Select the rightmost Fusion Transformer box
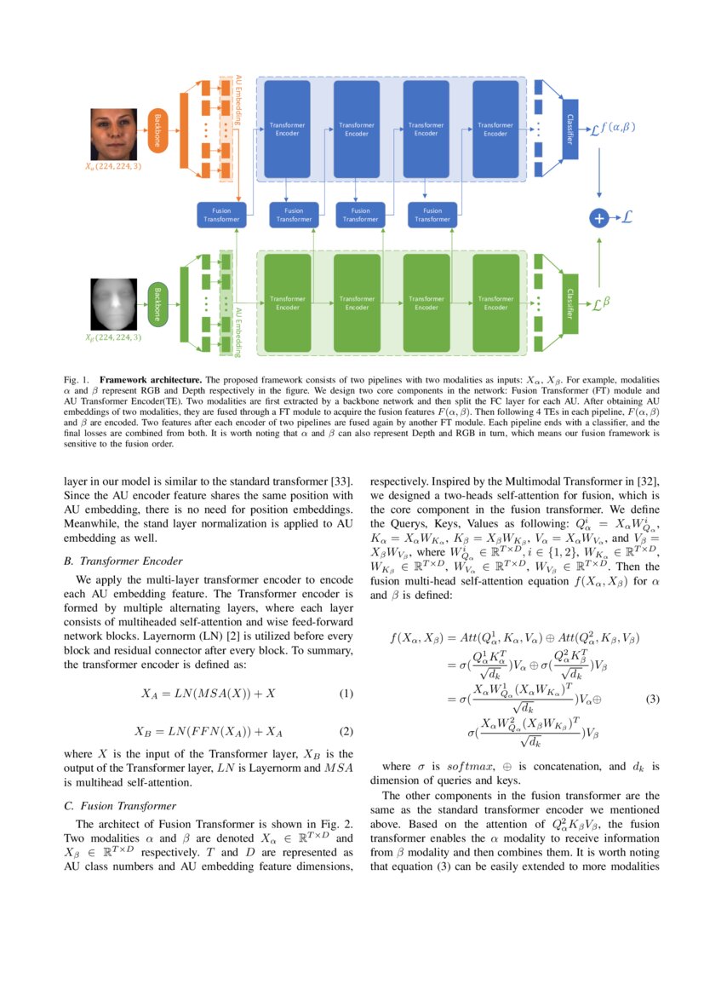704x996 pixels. pyautogui.click(x=432, y=215)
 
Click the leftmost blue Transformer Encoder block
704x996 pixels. pyautogui.click(x=287, y=129)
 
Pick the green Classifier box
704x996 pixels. pyautogui.click(x=569, y=303)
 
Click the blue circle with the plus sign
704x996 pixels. pyautogui.click(x=599, y=218)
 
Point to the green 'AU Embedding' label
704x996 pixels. pyautogui.click(x=239, y=331)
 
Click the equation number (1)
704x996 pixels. pyautogui.click(x=346, y=694)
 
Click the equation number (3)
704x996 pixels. pyautogui.click(x=653, y=700)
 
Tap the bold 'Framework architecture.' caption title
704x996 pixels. pyautogui.click(x=151, y=378)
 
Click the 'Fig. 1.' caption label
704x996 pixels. pyautogui.click(x=77, y=378)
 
